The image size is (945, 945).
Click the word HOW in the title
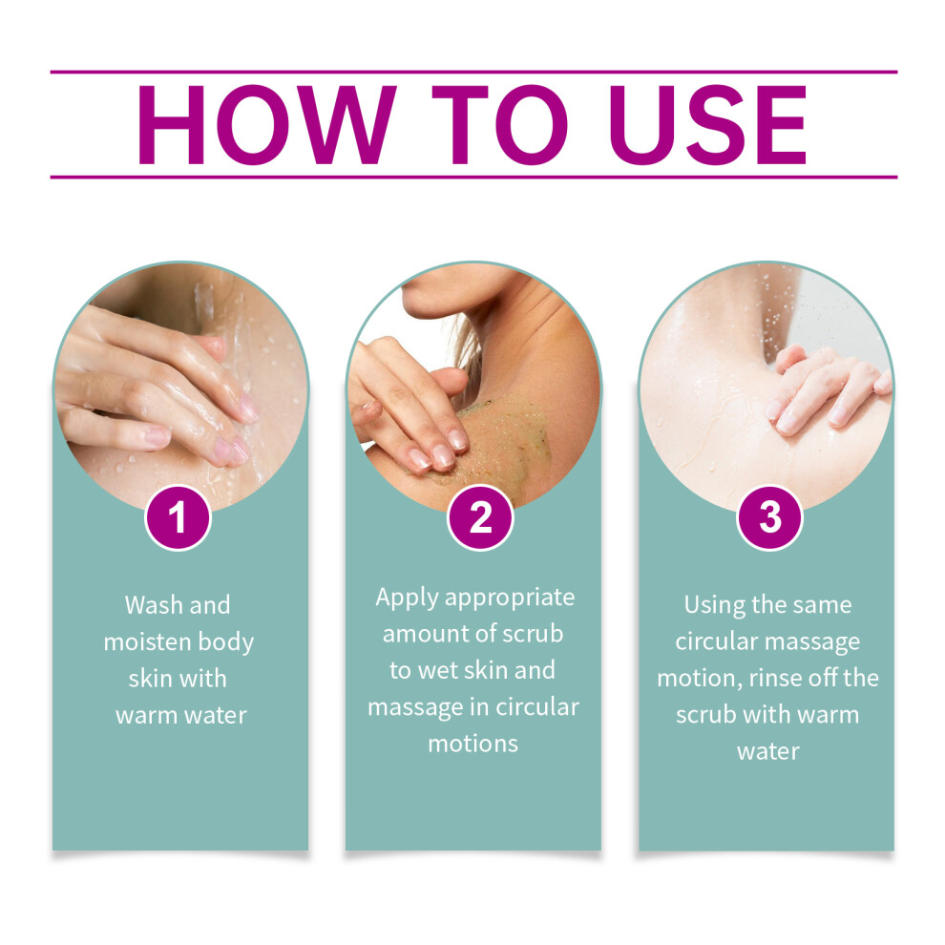pyautogui.click(x=267, y=124)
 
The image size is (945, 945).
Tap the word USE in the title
pyautogui.click(x=708, y=124)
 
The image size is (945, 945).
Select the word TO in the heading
pyautogui.click(x=499, y=124)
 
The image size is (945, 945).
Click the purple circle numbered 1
pyautogui.click(x=178, y=517)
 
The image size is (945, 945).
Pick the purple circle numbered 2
pyautogui.click(x=480, y=517)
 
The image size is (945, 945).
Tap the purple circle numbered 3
pyautogui.click(x=769, y=517)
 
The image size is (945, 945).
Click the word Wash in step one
pyautogui.click(x=153, y=605)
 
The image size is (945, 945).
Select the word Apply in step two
pyautogui.click(x=407, y=598)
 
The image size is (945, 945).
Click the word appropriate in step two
pyautogui.click(x=510, y=598)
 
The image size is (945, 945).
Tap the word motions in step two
pyautogui.click(x=473, y=745)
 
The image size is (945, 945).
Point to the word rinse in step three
pyautogui.click(x=775, y=679)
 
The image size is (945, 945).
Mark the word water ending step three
pyautogui.click(x=768, y=752)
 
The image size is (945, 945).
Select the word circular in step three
pyautogui.click(x=709, y=641)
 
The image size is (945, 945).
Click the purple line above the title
pyautogui.click(x=473, y=73)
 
